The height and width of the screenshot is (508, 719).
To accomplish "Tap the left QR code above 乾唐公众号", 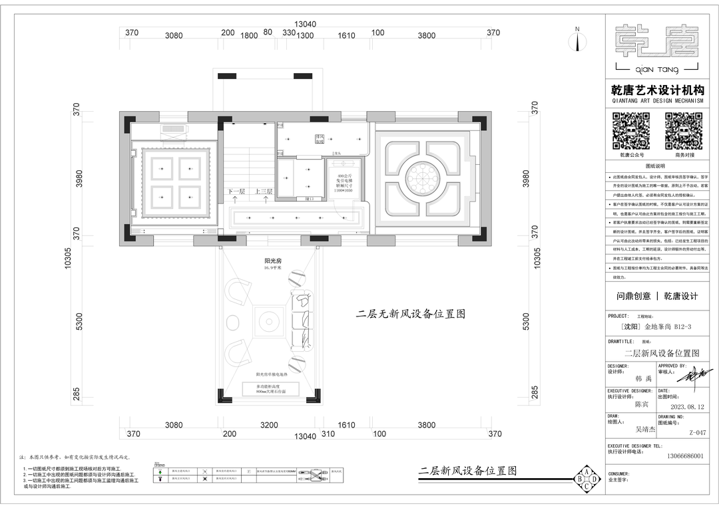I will click(631, 131).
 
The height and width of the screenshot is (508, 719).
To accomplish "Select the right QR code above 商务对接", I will click(684, 131).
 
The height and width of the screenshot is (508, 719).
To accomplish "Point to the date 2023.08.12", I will click(686, 406).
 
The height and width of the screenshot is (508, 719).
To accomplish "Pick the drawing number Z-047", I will click(697, 432).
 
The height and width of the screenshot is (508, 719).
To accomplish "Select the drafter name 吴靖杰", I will click(648, 430).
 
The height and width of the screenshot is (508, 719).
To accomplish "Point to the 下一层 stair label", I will click(237, 191).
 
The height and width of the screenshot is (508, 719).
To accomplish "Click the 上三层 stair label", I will click(264, 191).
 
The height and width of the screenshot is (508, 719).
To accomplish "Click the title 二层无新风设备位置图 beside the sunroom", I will click(410, 314).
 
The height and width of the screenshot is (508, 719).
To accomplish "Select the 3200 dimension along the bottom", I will click(269, 425).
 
